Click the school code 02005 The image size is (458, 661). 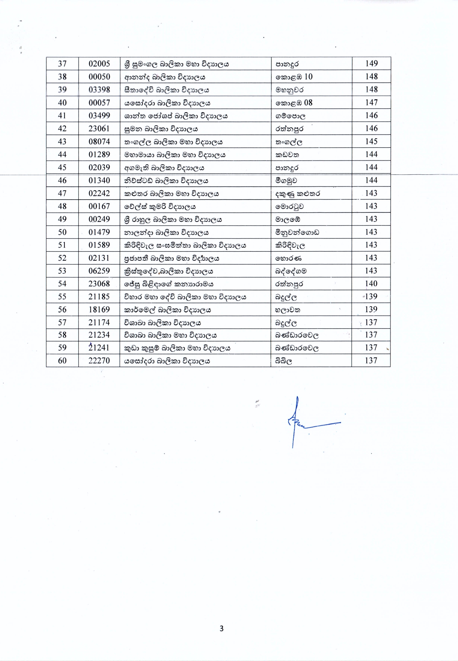click(99, 64)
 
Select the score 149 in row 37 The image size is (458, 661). click(371, 64)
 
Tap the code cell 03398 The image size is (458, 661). click(99, 90)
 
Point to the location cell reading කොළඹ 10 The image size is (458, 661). click(294, 77)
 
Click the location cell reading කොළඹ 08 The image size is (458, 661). click(294, 103)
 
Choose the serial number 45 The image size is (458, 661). click(62, 168)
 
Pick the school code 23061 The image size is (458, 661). click(99, 128)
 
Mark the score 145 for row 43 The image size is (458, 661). click(371, 142)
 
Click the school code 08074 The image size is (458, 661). click(99, 142)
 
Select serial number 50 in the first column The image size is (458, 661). click(62, 232)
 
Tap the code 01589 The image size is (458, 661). click(99, 245)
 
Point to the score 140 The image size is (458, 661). click(371, 284)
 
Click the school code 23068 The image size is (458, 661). click(99, 284)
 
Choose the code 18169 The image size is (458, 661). click(99, 310)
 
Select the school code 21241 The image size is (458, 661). click(99, 348)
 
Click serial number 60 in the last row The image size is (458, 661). click(62, 361)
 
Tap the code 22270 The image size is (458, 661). click(99, 361)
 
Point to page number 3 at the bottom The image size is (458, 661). click(221, 628)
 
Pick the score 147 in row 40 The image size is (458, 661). click(371, 102)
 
